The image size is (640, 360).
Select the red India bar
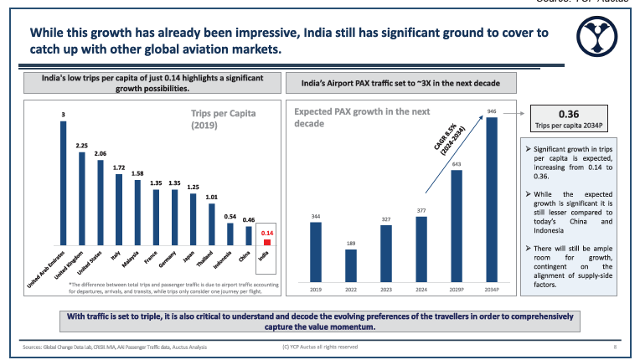(x=267, y=243)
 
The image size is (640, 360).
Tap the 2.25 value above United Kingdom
(x=81, y=145)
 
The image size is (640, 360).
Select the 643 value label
(x=457, y=164)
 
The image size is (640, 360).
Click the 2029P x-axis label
(x=457, y=290)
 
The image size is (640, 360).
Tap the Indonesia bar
(x=230, y=235)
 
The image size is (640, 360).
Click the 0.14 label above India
(x=268, y=232)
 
